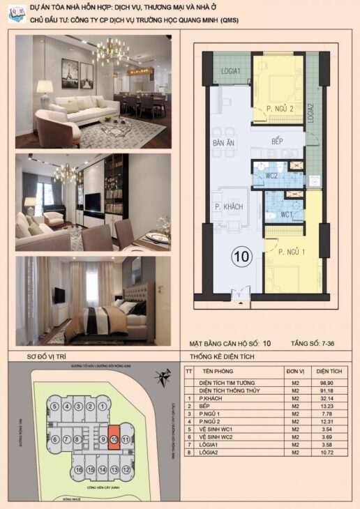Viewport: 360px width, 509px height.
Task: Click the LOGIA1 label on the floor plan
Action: [x=231, y=72]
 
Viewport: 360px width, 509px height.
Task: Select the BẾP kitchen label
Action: [x=278, y=142]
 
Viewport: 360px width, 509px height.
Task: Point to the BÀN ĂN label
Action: [x=223, y=144]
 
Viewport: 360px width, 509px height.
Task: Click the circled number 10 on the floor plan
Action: [x=242, y=257]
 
